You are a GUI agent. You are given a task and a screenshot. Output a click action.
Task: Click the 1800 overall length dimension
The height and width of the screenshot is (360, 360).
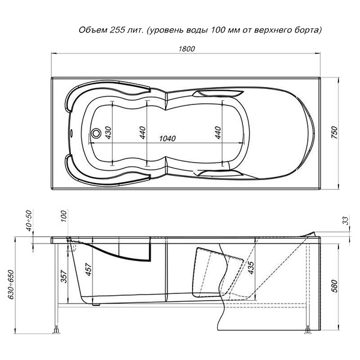point(187,49)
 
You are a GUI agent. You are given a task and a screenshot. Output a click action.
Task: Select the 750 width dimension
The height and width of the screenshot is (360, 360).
point(335,133)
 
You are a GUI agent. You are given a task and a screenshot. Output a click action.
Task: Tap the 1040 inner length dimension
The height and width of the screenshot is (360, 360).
point(167,139)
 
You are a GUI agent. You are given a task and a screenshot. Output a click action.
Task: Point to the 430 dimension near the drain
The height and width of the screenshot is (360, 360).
point(108,133)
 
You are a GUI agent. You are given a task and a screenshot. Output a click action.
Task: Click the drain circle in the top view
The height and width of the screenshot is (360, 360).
point(96,133)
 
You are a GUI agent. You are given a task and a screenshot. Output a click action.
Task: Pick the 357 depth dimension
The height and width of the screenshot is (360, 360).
point(64,277)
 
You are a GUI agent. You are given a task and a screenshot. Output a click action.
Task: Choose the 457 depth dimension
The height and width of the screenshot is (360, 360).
point(88,269)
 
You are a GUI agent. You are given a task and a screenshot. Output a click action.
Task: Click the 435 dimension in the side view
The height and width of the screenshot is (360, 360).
point(251,268)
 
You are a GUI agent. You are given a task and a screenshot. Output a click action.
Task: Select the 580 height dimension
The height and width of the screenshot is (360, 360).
point(335,286)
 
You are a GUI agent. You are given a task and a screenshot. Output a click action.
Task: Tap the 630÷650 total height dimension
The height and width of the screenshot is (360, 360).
point(11,284)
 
